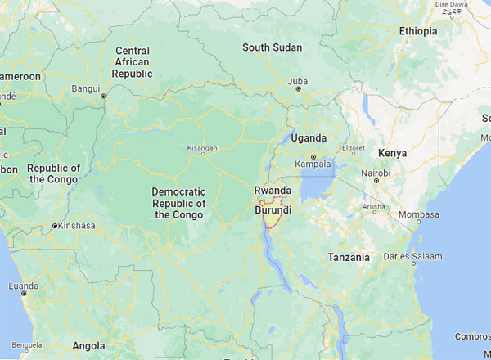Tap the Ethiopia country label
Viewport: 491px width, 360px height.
coord(418,31)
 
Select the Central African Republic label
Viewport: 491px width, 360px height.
coord(133,62)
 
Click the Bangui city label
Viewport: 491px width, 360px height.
coord(86,88)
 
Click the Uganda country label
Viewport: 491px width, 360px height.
coord(309,137)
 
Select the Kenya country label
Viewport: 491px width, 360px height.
coord(392,153)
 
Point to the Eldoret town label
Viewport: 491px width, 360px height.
coord(354,149)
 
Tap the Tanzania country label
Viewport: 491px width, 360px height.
coord(349,257)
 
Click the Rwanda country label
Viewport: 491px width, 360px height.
coord(273,190)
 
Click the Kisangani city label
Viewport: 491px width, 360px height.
coord(204,149)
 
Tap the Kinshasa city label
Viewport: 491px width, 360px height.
coord(74,226)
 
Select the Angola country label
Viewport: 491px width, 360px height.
coord(88,345)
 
